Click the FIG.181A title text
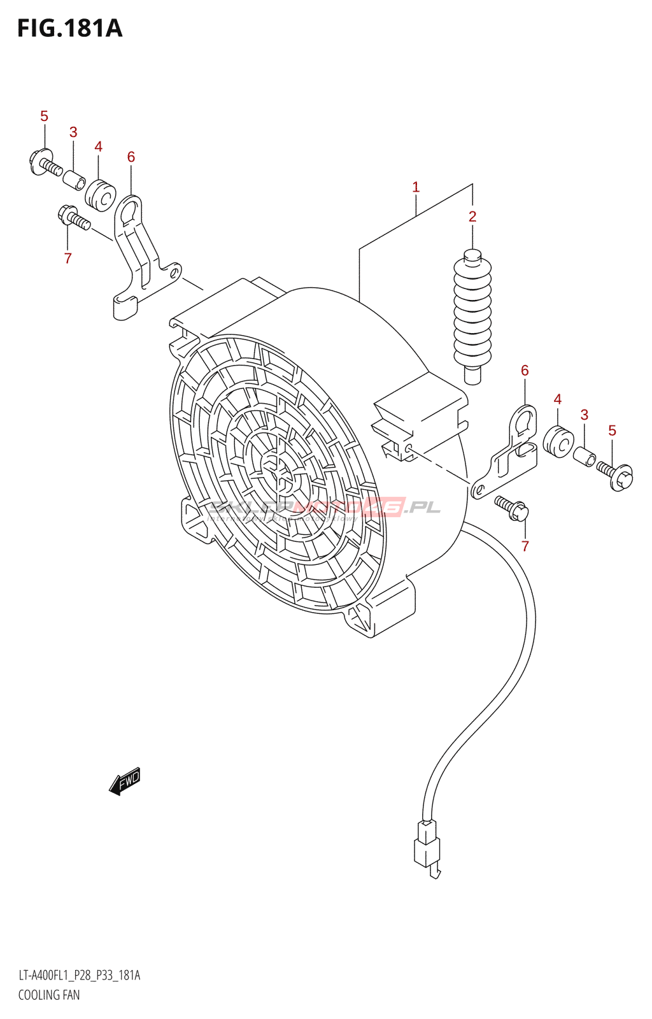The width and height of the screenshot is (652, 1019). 69,29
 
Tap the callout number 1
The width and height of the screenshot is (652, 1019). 416,187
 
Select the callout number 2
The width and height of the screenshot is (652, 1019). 472,217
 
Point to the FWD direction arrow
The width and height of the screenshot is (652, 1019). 125,781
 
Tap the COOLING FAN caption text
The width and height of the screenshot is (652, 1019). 49,995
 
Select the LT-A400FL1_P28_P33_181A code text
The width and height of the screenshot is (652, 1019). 79,975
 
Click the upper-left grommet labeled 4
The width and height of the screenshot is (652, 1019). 100,196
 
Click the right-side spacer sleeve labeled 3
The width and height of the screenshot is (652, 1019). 584,456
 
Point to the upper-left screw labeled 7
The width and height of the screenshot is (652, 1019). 74,218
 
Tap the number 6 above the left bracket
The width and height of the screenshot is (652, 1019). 131,157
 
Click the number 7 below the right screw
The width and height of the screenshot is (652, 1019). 525,546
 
